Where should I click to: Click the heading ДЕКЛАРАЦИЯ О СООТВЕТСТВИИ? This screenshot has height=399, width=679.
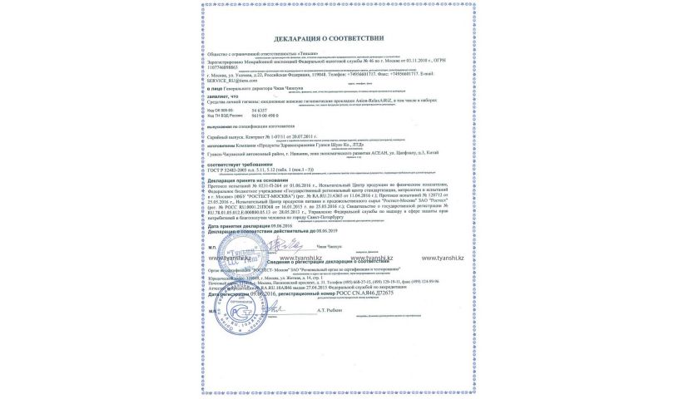pyautogui.click(x=329, y=39)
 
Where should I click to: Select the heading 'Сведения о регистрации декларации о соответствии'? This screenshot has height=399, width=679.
pyautogui.click(x=331, y=264)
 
